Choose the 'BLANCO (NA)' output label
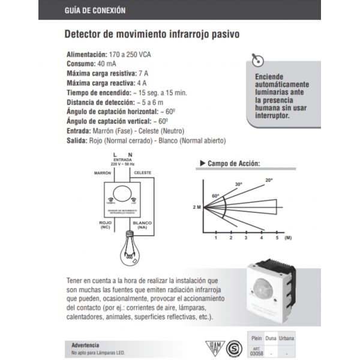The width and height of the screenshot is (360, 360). point(142,225)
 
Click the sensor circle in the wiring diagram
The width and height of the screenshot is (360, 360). point(123,193)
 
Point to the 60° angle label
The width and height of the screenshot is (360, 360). point(215,196)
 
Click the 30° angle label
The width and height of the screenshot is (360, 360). point(238,184)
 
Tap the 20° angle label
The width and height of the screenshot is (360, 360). point(268,180)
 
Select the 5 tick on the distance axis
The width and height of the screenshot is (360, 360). point(277,238)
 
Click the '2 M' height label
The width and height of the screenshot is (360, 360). point(196,207)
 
